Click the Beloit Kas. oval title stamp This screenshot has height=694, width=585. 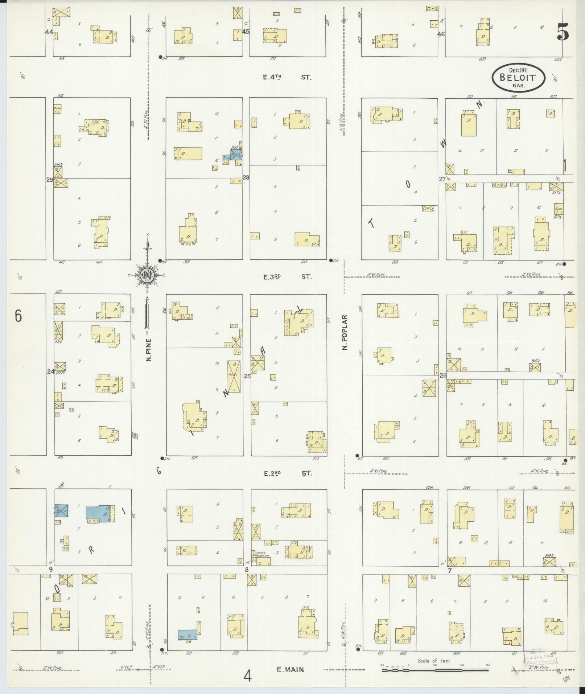click(518, 77)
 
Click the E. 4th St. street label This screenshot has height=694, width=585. click(287, 77)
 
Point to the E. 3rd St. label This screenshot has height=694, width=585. click(287, 276)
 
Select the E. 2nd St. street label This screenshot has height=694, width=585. click(287, 473)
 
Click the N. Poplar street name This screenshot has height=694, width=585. click(345, 332)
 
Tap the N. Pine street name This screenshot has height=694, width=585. click(148, 350)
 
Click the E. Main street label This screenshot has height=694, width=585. click(290, 670)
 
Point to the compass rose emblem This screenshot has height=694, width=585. click(147, 275)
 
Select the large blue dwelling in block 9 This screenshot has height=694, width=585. click(99, 514)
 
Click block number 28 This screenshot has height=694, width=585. click(246, 177)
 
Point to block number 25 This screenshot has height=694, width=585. click(247, 376)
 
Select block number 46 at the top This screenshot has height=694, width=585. click(441, 34)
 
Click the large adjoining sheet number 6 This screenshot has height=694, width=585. click(18, 316)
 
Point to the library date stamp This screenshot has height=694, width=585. click(540, 656)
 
